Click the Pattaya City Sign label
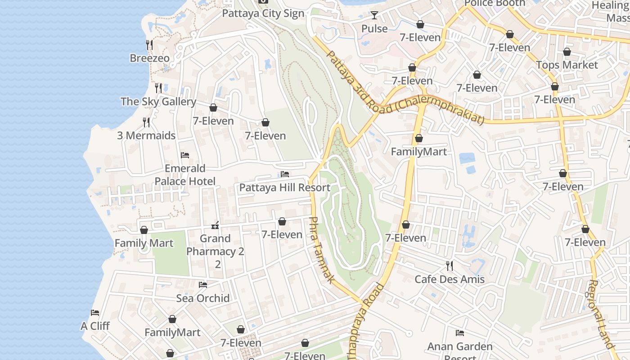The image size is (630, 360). click(263, 13)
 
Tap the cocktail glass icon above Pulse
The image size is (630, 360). click(374, 15)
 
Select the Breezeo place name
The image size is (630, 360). click(150, 58)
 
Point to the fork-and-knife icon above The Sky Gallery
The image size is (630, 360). click(158, 88)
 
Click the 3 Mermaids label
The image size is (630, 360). click(146, 135)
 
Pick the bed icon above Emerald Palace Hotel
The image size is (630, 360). click(184, 155)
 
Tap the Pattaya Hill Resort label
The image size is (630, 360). click(285, 188)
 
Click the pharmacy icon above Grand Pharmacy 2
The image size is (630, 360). click(215, 225)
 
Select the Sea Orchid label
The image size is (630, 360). click(203, 298)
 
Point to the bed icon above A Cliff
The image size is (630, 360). click(95, 313)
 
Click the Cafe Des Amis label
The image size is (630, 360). click(450, 279)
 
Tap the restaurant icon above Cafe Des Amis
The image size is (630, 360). click(449, 265)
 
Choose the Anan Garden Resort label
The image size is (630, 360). click(460, 347)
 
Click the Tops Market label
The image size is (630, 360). click(567, 65)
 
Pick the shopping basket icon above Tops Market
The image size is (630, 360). click(567, 52)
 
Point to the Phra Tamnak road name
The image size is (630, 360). click(322, 250)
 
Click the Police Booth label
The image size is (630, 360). click(495, 3)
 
